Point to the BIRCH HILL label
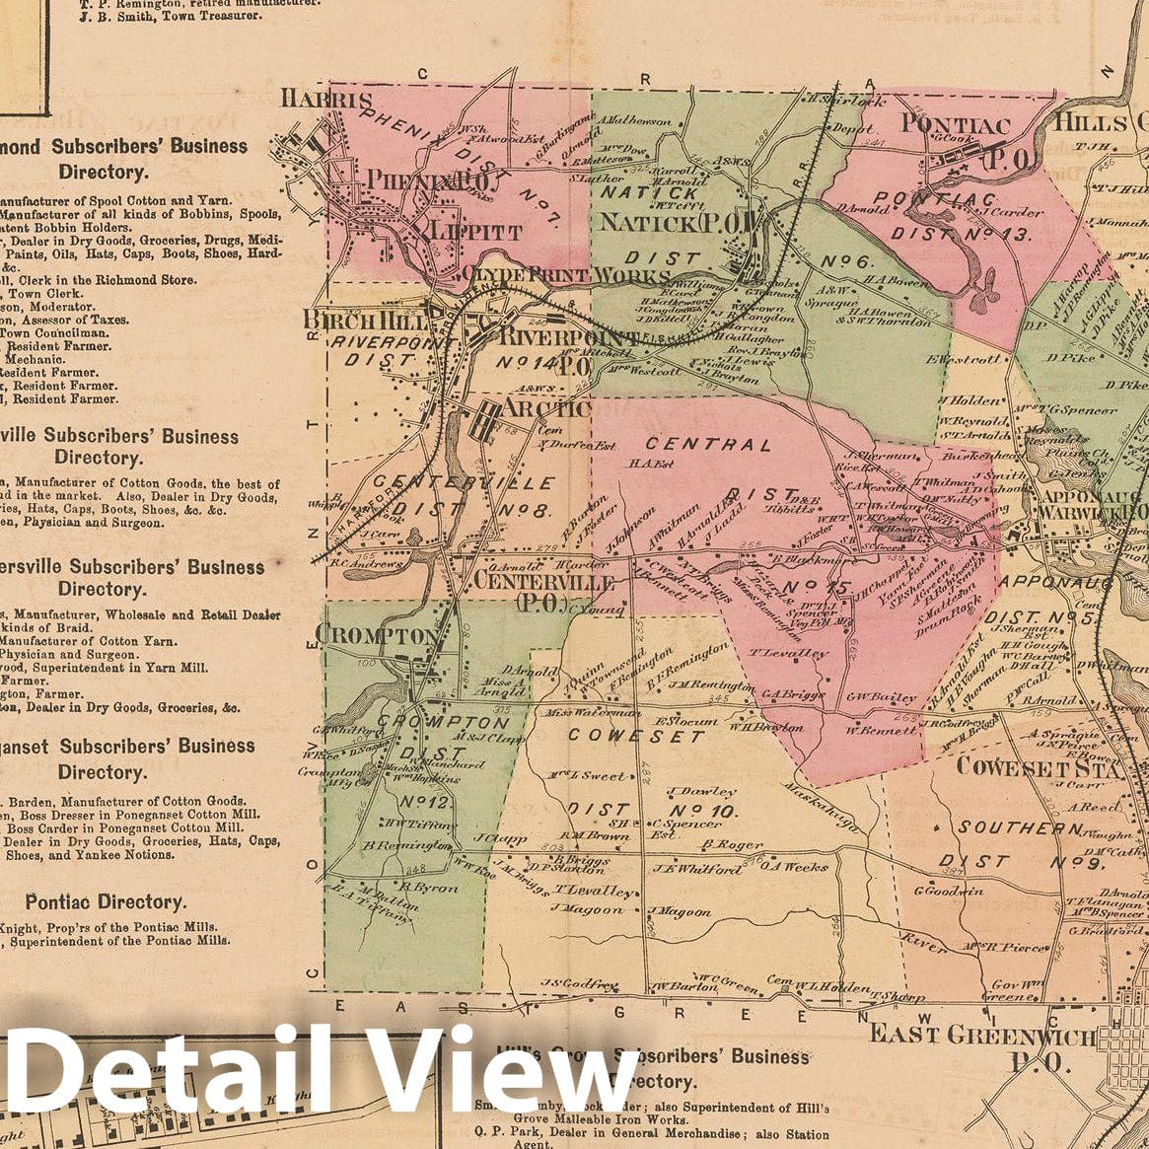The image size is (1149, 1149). pos(364,322)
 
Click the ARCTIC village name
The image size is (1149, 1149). pos(534,408)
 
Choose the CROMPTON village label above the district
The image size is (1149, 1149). pos(376,635)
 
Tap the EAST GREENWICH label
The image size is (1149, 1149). pos(980,1036)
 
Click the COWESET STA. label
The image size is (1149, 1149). pos(1041,767)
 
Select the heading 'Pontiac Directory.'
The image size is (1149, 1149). pos(106,902)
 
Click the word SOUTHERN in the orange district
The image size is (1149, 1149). pos(1020,828)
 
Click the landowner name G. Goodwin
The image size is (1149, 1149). pos(950,891)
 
